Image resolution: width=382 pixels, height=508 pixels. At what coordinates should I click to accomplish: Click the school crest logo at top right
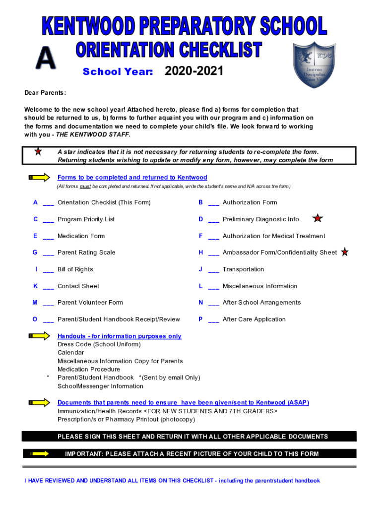[x=314, y=65]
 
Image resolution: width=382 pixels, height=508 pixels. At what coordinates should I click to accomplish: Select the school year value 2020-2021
[x=194, y=72]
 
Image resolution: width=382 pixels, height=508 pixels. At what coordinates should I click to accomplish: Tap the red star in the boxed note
[x=38, y=152]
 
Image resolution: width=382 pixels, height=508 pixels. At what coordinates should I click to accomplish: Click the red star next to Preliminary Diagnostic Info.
[x=318, y=218]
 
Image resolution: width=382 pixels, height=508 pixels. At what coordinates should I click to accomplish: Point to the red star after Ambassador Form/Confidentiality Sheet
[x=345, y=252]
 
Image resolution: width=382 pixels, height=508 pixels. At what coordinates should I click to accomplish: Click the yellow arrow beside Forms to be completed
[x=40, y=178]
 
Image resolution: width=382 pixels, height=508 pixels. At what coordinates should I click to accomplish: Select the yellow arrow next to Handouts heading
[x=40, y=336]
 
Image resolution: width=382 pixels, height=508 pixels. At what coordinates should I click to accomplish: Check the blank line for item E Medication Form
[x=49, y=237]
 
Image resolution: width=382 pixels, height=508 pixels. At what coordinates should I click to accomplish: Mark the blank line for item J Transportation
[x=214, y=270]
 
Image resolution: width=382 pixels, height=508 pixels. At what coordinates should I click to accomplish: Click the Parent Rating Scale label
[x=86, y=253]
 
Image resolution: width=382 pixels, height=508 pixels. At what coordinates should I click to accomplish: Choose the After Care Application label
[x=254, y=319]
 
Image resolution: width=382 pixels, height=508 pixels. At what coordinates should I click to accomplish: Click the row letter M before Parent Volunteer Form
[x=35, y=303]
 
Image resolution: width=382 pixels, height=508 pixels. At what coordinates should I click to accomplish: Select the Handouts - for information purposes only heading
[x=119, y=336]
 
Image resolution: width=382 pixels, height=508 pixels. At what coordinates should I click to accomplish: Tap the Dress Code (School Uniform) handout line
[x=99, y=344]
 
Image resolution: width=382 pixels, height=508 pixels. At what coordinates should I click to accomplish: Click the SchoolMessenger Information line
[x=100, y=386]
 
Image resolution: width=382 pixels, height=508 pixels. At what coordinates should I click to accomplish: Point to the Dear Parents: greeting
[x=45, y=93]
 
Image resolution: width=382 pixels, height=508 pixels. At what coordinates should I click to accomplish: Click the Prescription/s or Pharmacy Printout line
[x=126, y=419]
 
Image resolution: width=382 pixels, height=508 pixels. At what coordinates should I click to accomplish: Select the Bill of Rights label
[x=75, y=269]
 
